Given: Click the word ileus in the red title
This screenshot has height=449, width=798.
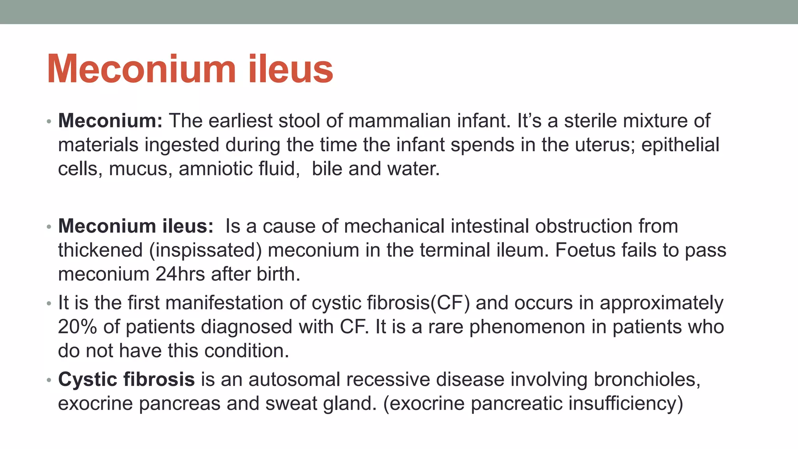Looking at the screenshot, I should click(290, 69).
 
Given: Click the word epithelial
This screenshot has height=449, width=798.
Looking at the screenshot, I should click(680, 145).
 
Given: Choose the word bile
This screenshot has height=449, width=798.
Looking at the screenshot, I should click(327, 169).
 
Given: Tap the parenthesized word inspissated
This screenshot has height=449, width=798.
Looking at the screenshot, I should click(205, 250).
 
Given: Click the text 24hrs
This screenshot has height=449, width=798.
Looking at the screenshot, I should click(180, 274).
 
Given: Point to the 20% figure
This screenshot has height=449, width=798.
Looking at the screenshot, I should click(77, 327).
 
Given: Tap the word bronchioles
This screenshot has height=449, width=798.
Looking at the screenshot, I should click(646, 380).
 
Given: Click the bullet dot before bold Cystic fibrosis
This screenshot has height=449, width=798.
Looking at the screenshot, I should click(49, 380).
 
